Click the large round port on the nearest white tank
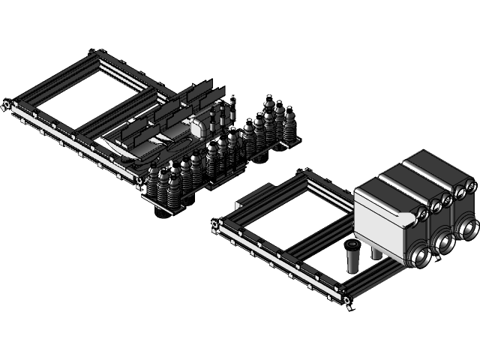click(418, 256)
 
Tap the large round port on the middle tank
click(442, 241)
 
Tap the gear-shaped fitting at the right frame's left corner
click(215, 224)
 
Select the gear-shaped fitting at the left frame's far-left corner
click(6, 104)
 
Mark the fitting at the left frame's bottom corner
click(139, 179)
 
